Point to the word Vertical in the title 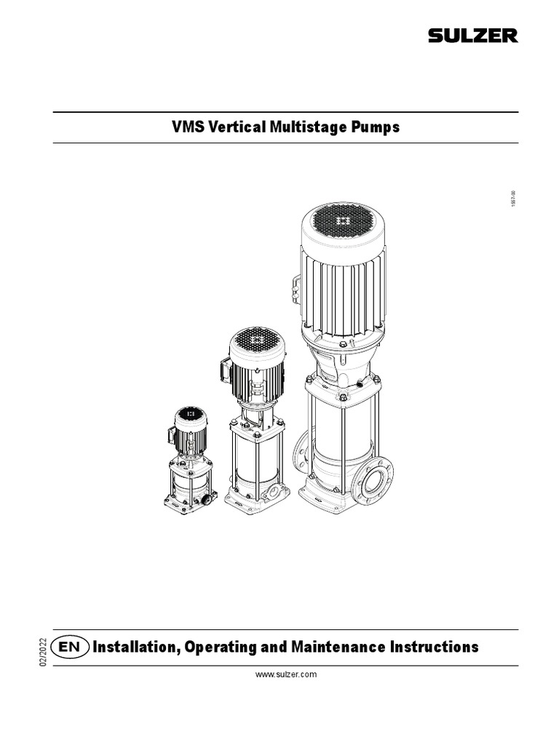point(237,127)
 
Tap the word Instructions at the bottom point(434,647)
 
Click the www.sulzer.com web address point(285,674)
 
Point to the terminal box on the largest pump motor point(296,289)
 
